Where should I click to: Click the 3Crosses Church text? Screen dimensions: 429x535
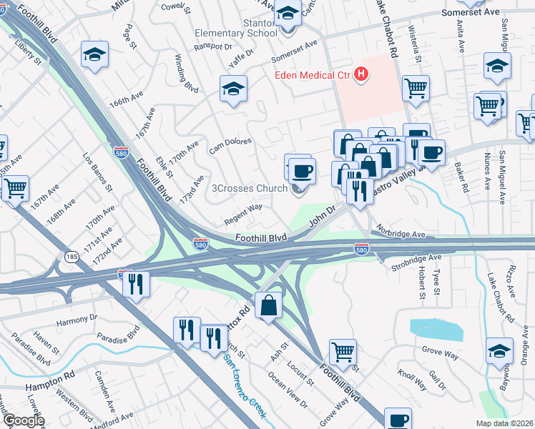(250, 189)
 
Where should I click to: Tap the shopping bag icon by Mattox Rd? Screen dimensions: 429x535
(268, 306)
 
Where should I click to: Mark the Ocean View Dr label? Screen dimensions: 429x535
(287, 390)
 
